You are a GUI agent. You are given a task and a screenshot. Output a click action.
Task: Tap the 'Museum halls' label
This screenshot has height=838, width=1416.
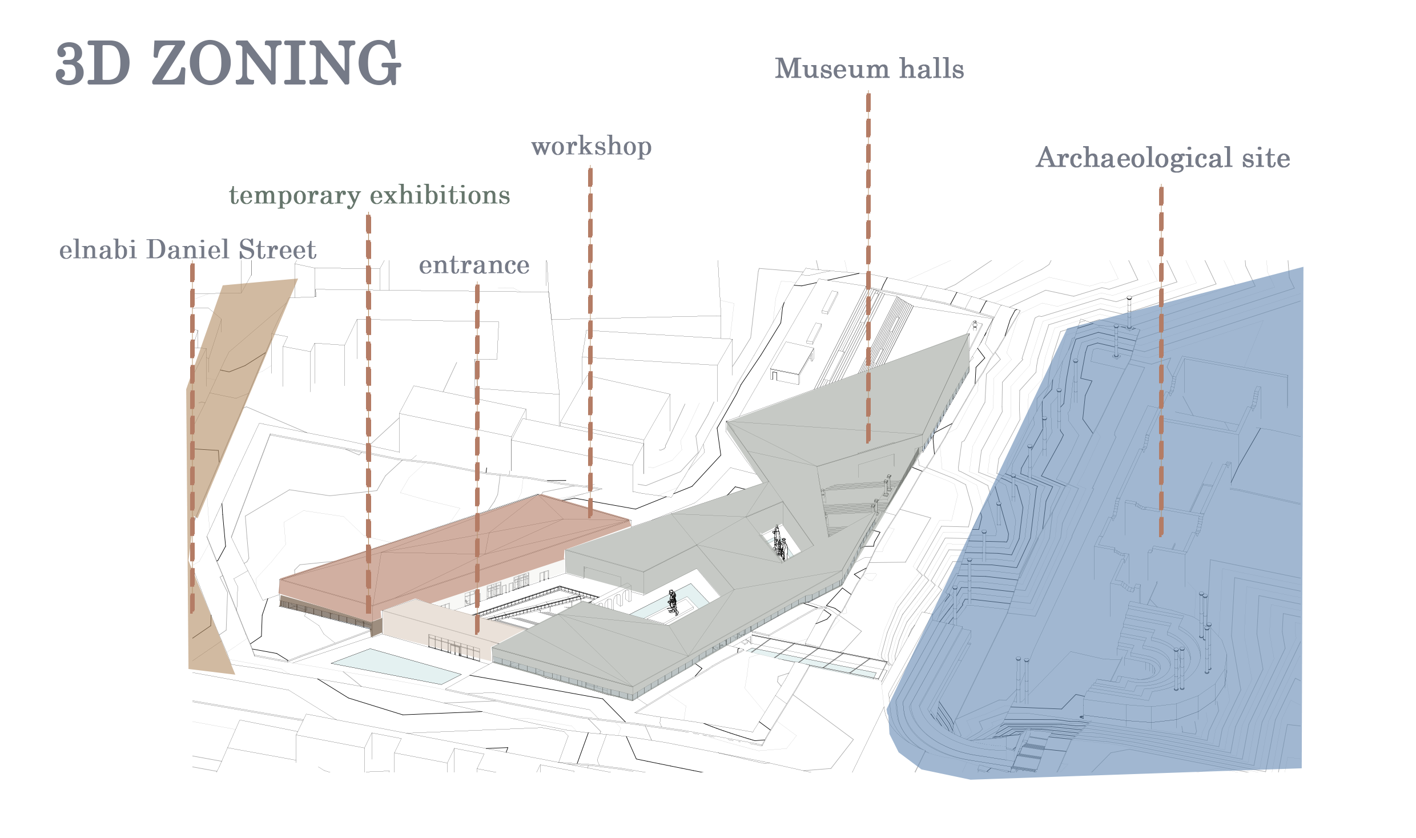click(x=869, y=69)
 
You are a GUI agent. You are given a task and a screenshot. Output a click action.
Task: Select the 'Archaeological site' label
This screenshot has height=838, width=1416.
click(x=1162, y=158)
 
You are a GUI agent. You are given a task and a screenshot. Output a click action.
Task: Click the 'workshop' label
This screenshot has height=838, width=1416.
click(x=591, y=146)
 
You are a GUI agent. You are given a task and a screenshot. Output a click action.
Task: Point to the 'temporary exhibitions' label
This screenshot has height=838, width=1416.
click(x=369, y=195)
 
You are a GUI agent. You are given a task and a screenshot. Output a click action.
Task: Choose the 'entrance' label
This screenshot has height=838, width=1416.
click(x=474, y=265)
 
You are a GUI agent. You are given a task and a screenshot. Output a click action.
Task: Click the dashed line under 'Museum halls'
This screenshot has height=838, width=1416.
click(x=868, y=268)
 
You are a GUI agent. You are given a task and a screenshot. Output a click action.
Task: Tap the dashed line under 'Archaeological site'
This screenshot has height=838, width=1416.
click(x=1161, y=360)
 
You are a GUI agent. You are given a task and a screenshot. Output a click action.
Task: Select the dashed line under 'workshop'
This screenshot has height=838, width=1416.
click(x=590, y=343)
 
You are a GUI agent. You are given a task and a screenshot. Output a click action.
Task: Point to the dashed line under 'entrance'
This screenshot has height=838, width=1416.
click(x=477, y=457)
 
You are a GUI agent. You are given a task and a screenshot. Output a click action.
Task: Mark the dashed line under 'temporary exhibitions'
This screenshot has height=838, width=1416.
click(x=368, y=411)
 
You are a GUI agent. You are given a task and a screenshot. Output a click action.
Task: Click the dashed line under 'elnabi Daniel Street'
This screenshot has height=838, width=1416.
click(x=192, y=434)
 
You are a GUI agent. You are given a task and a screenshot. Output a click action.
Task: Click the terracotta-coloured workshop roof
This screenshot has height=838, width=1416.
click(x=457, y=548)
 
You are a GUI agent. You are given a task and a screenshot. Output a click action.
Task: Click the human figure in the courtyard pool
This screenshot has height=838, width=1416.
click(x=673, y=602)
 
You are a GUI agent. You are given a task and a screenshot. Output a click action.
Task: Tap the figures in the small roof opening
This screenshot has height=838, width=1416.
click(x=780, y=543)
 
